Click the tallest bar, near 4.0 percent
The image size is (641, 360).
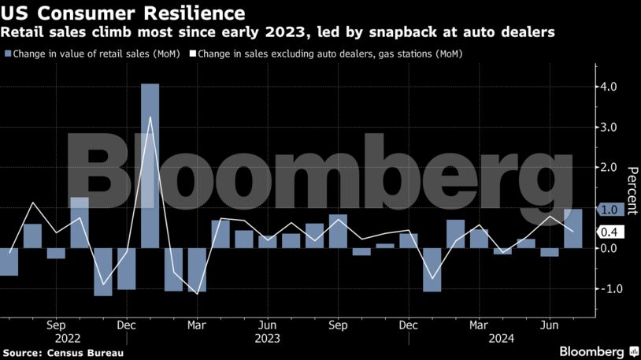click(x=150, y=165)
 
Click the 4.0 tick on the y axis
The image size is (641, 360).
click(x=610, y=87)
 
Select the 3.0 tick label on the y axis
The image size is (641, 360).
click(x=610, y=127)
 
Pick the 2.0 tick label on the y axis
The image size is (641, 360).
click(x=610, y=168)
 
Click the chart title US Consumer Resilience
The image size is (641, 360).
click(x=122, y=13)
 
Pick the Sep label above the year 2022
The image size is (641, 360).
click(x=56, y=324)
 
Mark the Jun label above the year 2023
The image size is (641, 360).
click(x=268, y=324)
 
